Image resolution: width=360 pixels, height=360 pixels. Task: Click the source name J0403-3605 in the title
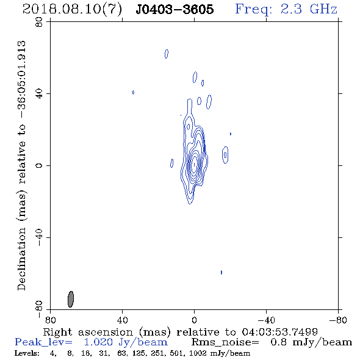tap(175, 9)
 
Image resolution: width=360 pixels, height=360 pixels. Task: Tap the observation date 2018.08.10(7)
tap(72, 10)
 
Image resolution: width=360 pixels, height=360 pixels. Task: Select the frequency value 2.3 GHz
tap(309, 9)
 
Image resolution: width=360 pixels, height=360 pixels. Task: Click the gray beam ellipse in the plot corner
tap(71, 299)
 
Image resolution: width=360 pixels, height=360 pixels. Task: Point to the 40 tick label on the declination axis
tap(39, 94)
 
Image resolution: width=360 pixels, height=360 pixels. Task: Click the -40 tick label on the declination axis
tap(39, 237)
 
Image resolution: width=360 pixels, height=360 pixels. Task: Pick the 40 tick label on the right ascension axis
tap(122, 320)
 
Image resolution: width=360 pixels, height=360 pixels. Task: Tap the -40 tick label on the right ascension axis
tap(266, 320)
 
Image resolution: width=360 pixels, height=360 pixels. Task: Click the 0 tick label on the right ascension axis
tap(194, 320)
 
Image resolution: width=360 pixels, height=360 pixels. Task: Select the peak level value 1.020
tap(98, 342)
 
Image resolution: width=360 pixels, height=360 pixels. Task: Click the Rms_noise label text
tap(225, 342)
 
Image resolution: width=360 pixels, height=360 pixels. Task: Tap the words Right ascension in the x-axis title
tap(88, 332)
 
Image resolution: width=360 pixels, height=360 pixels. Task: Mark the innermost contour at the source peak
tap(195, 164)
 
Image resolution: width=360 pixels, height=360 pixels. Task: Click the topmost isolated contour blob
tap(167, 54)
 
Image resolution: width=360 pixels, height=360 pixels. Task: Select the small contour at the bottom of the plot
tap(221, 272)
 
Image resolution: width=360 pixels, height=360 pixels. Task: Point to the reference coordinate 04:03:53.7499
tap(280, 332)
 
